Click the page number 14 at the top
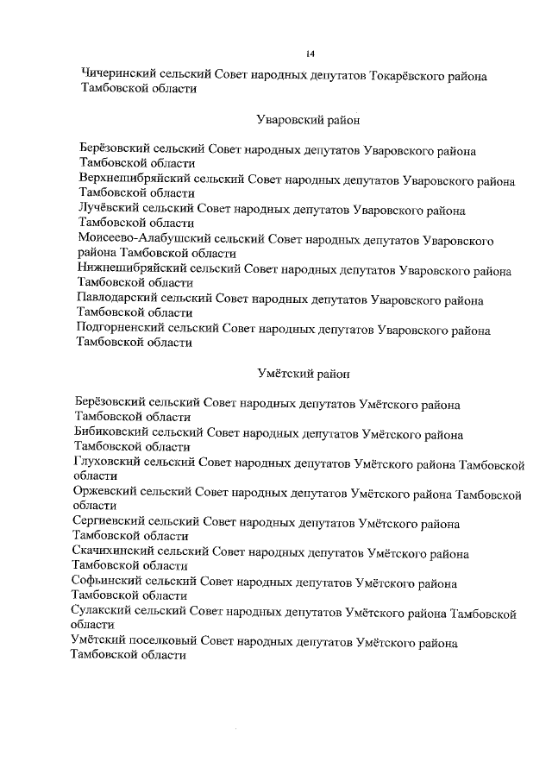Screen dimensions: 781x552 (310, 54)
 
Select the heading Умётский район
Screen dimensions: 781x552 (303, 374)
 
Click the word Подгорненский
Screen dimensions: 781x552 (122, 330)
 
